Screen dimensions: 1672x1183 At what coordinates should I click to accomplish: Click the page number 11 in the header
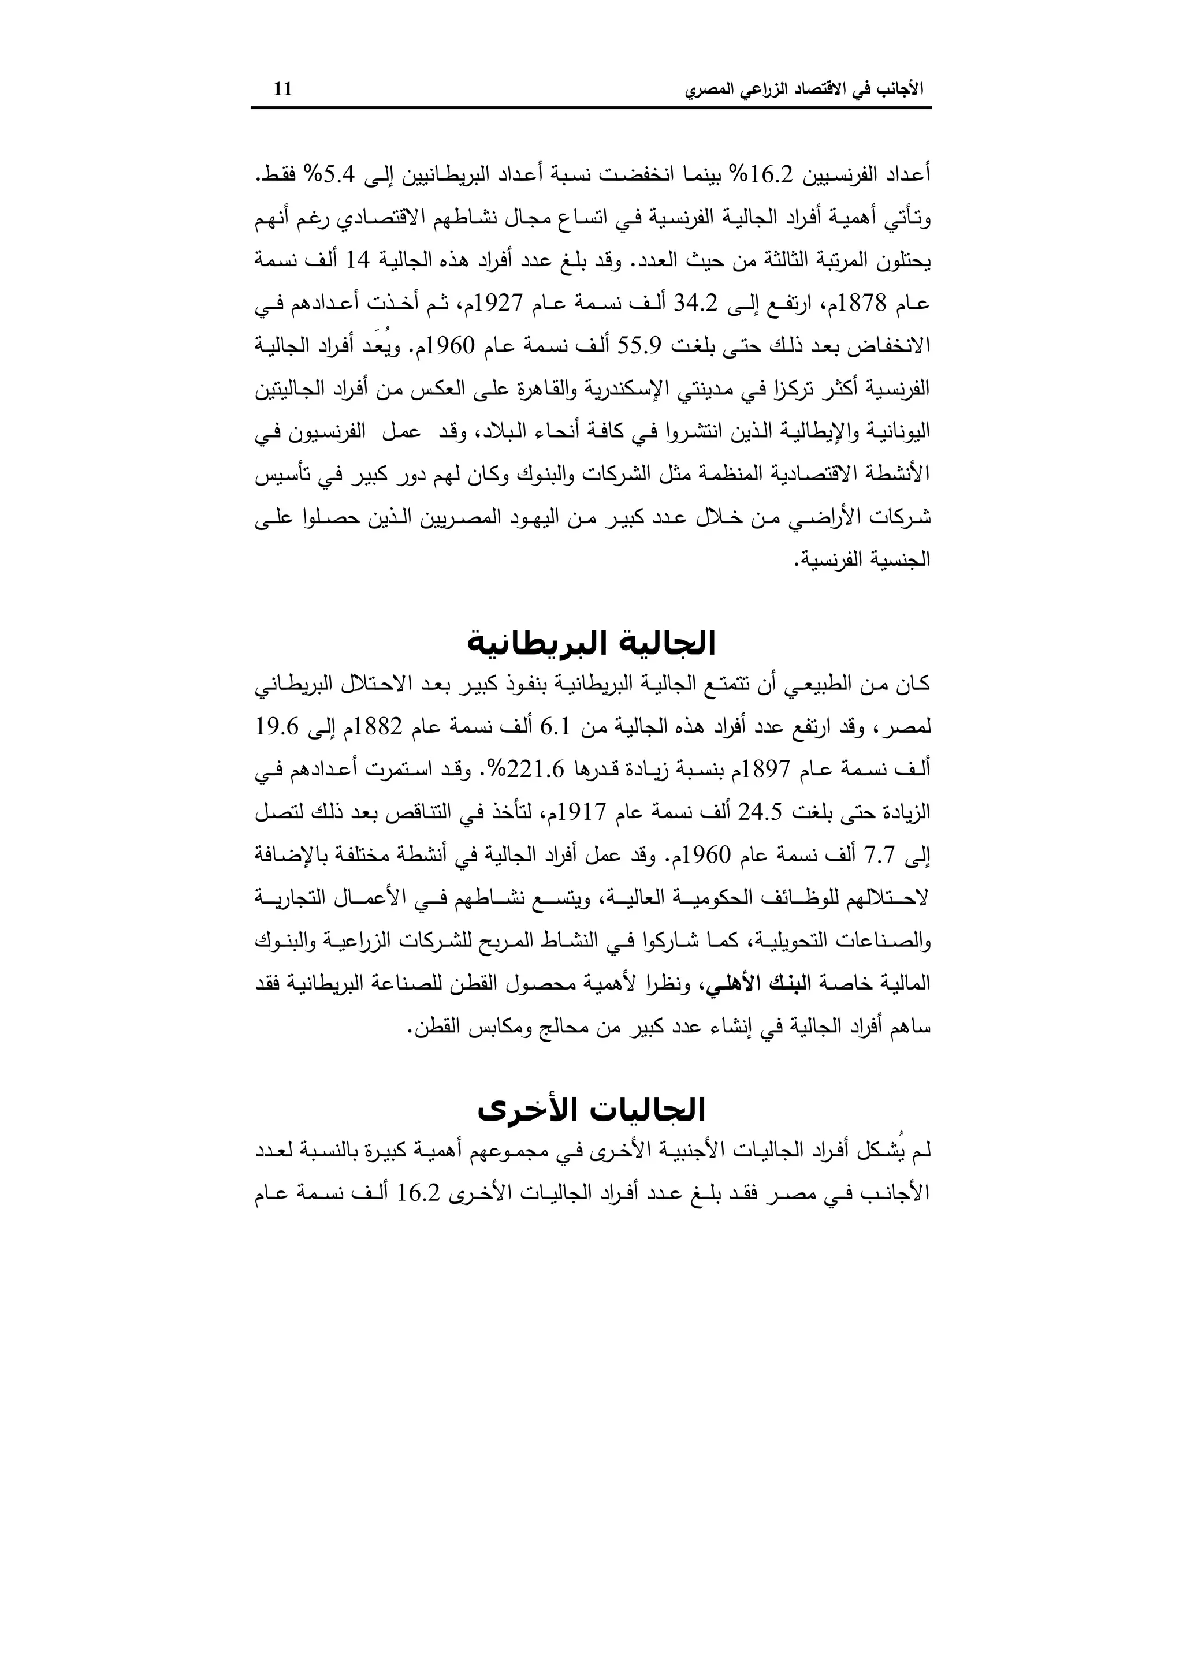(x=282, y=89)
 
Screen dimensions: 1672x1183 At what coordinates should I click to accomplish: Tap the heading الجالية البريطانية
(x=591, y=644)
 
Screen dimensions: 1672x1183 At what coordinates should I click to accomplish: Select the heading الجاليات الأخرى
(x=591, y=1110)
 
